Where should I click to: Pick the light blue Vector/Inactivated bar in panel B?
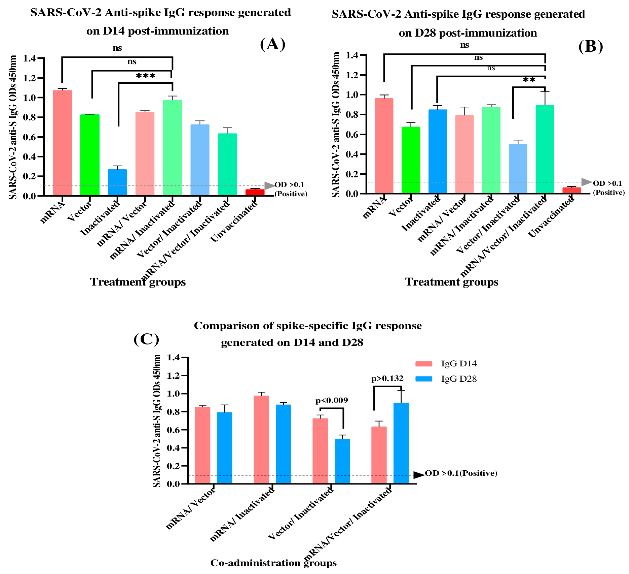click(x=518, y=169)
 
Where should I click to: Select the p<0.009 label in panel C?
click(x=332, y=401)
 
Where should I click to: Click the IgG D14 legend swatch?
click(x=424, y=364)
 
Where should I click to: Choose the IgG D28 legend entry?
click(x=459, y=379)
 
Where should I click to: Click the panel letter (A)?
click(x=272, y=44)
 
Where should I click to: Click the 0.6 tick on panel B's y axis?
click(x=352, y=134)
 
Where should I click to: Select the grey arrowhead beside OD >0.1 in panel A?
click(x=269, y=186)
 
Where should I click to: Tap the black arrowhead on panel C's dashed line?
click(x=419, y=475)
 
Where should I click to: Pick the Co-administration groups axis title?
click(x=273, y=563)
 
